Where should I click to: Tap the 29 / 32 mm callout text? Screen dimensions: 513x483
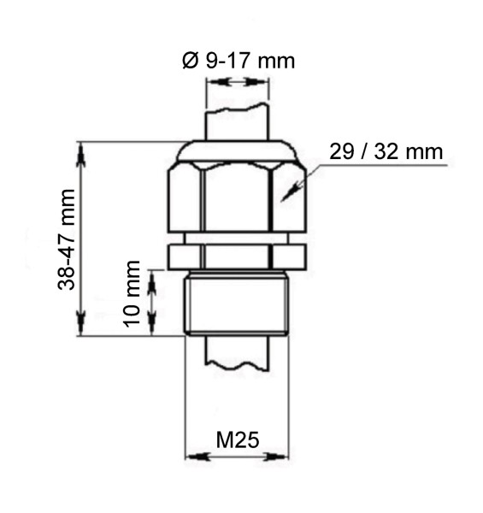(x=386, y=152)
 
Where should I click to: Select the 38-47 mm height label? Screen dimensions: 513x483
(x=68, y=239)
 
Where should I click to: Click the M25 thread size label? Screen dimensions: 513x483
(x=237, y=441)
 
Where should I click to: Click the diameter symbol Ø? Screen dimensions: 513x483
(x=191, y=61)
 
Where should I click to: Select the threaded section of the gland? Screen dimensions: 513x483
(x=237, y=304)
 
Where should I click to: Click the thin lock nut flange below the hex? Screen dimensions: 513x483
(x=237, y=255)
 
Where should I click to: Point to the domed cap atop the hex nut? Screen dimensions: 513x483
(x=237, y=152)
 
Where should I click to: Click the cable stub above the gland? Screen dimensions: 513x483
(x=237, y=120)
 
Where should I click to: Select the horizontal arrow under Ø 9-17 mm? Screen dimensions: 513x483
(x=237, y=82)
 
